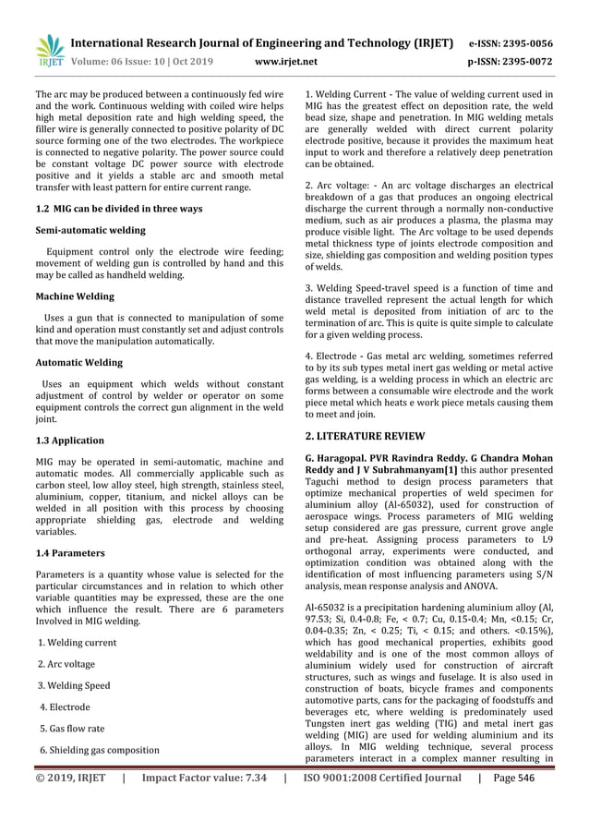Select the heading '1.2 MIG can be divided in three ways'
(118, 209)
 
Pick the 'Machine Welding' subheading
(75, 296)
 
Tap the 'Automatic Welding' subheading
(78, 363)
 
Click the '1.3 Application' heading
(69, 441)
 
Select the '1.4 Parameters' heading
(70, 553)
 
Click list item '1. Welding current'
(77, 643)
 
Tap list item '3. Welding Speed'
(74, 686)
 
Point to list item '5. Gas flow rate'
(71, 729)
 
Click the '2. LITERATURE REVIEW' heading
(365, 435)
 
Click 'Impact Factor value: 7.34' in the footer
(204, 779)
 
